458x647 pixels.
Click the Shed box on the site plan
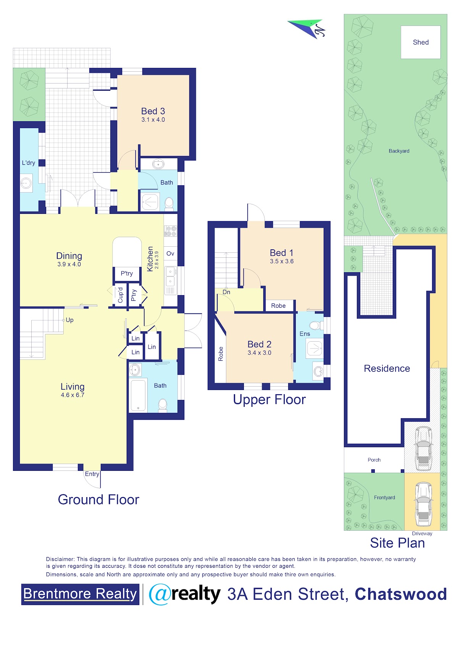421,42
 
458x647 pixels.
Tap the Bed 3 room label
153,111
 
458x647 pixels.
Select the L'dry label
28,163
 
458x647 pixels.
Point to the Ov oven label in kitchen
170,253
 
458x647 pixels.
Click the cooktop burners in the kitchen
171,231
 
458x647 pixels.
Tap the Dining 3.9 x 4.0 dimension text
69,264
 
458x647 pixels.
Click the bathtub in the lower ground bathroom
138,395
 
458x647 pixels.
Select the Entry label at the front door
92,474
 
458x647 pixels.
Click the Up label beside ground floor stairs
69,320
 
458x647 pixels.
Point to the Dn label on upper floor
226,292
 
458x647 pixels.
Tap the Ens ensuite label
305,334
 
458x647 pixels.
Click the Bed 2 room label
260,344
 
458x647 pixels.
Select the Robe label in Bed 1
278,306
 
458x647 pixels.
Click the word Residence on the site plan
387,368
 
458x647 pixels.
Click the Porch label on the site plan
374,459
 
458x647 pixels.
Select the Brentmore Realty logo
80,594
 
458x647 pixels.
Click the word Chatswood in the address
401,594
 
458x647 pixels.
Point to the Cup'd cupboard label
120,295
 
